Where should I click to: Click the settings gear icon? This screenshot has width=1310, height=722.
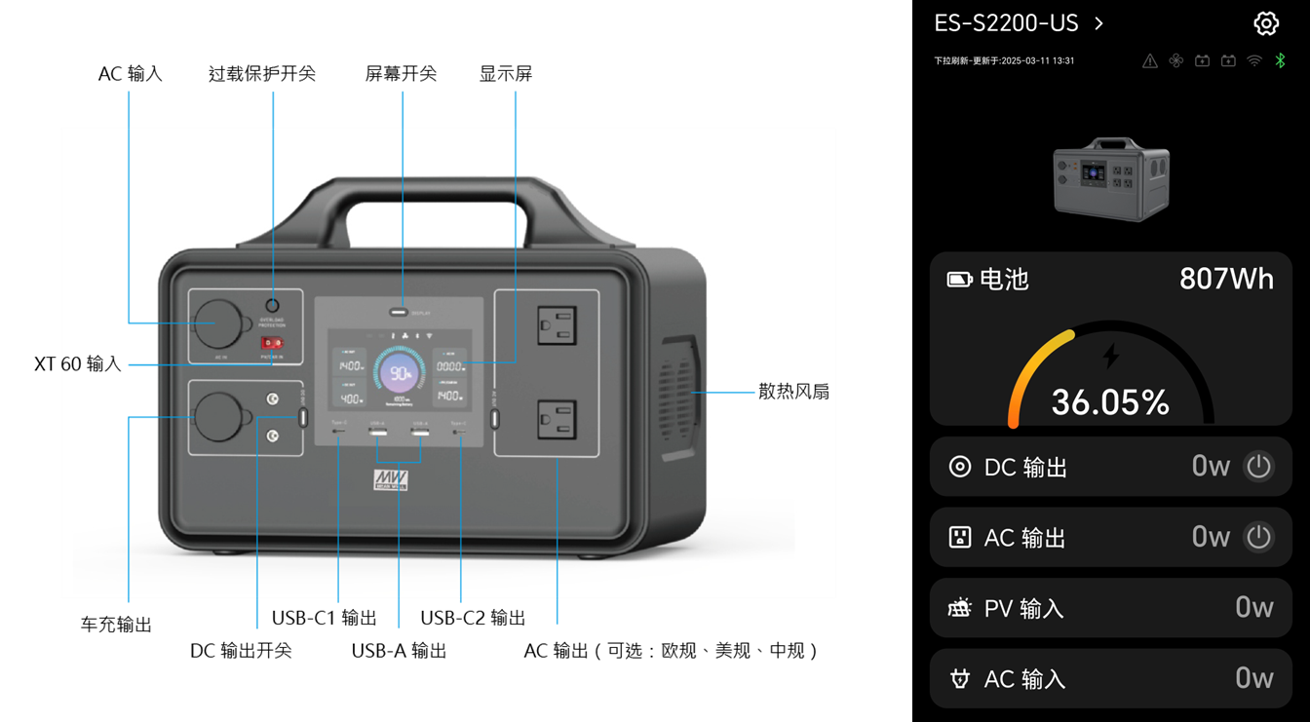coord(1265,23)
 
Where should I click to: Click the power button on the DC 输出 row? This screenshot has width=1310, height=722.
coord(1258,467)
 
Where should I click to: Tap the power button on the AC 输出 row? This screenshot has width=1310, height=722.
coord(1258,537)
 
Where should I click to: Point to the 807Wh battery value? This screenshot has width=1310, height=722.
coord(1226,280)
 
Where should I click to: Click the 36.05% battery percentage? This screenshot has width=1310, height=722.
coord(1110,402)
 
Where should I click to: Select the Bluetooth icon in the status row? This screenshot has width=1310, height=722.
coord(1281,60)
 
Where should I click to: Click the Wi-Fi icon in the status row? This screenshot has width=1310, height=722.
coord(1254,60)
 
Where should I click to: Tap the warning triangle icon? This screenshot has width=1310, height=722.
coord(1150,60)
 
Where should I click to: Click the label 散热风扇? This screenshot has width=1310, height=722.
coord(793,392)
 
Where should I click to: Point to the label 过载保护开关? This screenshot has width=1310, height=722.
coord(262,74)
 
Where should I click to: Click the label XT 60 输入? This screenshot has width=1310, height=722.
coord(78,364)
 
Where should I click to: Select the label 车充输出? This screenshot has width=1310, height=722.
coord(116,625)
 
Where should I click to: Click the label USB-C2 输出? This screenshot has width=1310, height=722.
coord(473,618)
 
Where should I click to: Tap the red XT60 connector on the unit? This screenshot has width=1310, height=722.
coord(272,343)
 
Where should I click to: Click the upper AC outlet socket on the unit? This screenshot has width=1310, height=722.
coord(557,325)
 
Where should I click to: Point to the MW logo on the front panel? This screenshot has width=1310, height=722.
coord(391,480)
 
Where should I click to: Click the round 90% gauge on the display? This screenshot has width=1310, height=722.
coord(400,373)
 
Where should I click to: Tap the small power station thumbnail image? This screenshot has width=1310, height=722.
coord(1111,179)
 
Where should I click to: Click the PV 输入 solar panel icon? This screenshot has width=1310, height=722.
coord(960,608)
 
